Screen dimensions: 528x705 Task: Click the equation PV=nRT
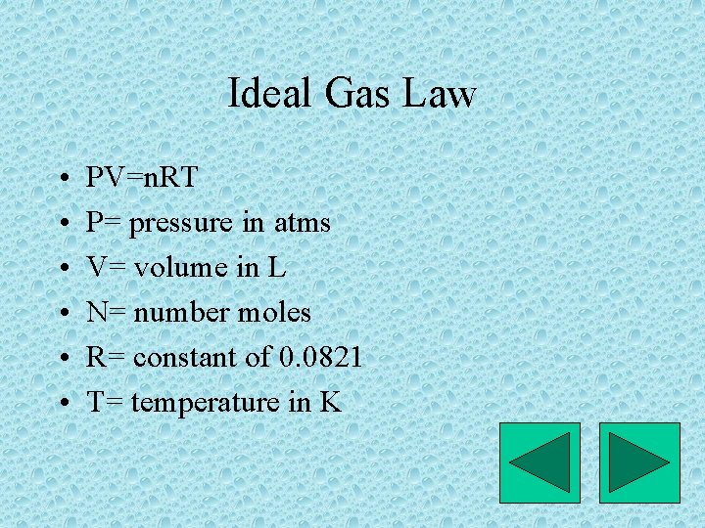[142, 178]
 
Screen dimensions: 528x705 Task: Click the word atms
[301, 223]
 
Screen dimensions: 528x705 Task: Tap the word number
[175, 313]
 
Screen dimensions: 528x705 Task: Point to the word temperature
[206, 402]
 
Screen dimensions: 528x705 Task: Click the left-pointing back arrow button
[540, 462]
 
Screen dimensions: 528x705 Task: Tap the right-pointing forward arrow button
[639, 462]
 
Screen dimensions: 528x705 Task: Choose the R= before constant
[105, 358]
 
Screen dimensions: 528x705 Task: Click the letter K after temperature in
[330, 402]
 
